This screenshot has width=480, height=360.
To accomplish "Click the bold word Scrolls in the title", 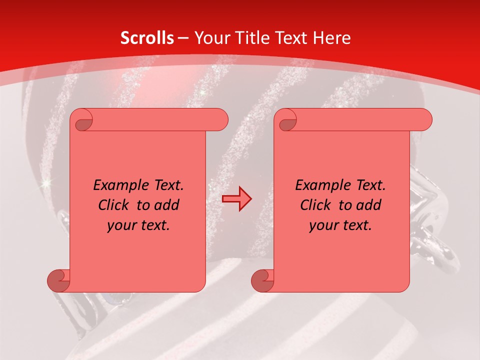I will pos(147,38).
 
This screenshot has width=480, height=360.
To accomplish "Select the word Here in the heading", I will pos(331,38).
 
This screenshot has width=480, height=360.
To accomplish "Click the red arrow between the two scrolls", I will pos(237,198).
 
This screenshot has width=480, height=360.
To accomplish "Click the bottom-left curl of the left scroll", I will pos(59,280).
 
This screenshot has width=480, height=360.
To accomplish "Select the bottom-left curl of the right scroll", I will pos(263,280).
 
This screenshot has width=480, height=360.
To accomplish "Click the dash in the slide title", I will pos(183,38).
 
